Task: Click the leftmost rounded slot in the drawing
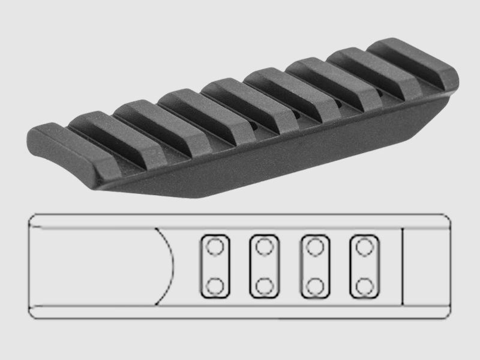(214, 265)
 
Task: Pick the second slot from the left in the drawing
(263, 265)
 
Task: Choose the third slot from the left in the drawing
(313, 265)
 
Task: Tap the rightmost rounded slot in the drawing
(362, 265)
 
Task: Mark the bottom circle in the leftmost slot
(214, 284)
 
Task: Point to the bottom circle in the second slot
(263, 284)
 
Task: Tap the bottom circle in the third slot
(313, 284)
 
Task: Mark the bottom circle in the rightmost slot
(362, 284)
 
